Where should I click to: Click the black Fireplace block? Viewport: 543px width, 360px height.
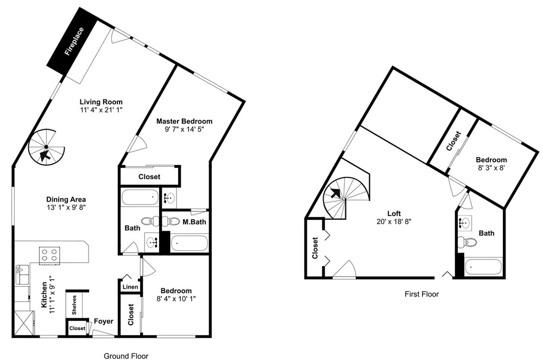(73, 41)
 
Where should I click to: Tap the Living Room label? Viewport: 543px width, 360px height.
(101, 102)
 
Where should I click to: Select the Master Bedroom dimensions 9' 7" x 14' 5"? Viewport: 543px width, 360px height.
(184, 129)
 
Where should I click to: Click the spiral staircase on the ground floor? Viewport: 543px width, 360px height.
(46, 148)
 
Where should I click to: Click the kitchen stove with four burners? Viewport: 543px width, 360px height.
(49, 256)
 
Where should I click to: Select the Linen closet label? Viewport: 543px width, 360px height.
(130, 287)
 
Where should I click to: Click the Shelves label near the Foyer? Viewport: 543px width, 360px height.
(74, 305)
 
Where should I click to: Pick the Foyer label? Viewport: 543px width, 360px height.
(104, 321)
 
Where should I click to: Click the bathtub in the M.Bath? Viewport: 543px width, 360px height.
(189, 243)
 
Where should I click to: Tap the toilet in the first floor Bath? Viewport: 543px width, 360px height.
(467, 242)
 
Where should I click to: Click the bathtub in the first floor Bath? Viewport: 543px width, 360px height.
(483, 267)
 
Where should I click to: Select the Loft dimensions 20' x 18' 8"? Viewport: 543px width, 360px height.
(394, 221)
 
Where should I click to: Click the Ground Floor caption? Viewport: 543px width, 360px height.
(126, 356)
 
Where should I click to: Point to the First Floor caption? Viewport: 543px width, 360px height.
(422, 294)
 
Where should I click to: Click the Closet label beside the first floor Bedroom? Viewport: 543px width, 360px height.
(453, 141)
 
